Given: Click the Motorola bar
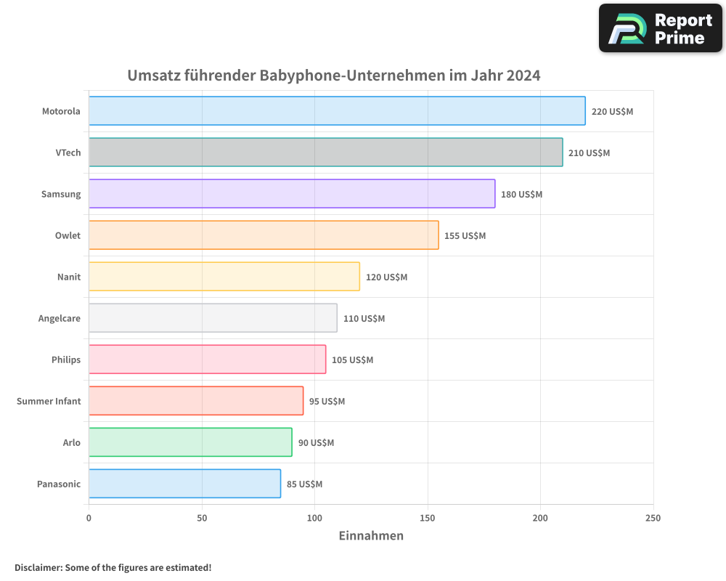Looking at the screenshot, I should (337, 111).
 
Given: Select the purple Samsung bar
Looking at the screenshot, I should (292, 194).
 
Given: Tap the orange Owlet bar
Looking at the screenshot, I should (264, 235).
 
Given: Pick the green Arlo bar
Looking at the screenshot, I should (190, 442).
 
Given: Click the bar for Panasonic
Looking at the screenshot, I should (184, 484).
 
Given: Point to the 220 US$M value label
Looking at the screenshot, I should (612, 112).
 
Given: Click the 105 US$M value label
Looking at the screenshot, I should (352, 360).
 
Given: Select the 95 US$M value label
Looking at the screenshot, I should (327, 402).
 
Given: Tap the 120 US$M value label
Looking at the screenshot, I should (386, 277).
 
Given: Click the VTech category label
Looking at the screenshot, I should (68, 153).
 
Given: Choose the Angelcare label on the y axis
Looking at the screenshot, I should (60, 318).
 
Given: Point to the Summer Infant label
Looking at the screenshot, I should (49, 401).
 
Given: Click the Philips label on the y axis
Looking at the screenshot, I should (66, 359).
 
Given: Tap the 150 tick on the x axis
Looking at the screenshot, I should (428, 518).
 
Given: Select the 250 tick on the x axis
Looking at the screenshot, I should (653, 518).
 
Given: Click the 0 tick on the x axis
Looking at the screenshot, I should (89, 518).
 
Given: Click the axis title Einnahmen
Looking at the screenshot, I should (371, 536).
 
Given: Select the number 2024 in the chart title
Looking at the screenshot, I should (523, 75).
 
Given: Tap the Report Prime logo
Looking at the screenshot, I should (661, 28).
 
